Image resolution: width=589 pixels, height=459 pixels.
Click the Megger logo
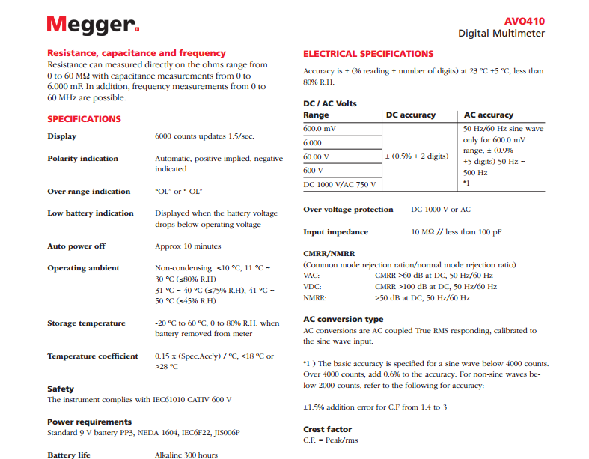pyautogui.click(x=92, y=24)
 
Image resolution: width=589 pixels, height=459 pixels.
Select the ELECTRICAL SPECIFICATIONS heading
pyautogui.click(x=368, y=54)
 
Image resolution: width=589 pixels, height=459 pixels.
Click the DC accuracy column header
pyautogui.click(x=410, y=115)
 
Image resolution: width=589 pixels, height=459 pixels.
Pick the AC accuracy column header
pyautogui.click(x=489, y=115)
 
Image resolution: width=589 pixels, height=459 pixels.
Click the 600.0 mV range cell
pyautogui.click(x=320, y=129)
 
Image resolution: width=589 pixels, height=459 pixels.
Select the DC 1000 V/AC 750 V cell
pyautogui.click(x=340, y=184)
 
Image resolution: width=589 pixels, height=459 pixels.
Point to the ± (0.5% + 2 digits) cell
pyautogui.click(x=416, y=156)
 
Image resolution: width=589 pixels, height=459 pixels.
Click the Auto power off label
pyautogui.click(x=76, y=246)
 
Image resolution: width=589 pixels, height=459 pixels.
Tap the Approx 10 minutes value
pyautogui.click(x=188, y=246)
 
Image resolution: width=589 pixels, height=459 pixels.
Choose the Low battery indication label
pyautogui.click(x=91, y=213)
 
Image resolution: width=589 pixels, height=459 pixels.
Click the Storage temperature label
pyautogui.click(x=86, y=323)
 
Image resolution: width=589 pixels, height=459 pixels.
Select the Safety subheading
pyautogui.click(x=61, y=389)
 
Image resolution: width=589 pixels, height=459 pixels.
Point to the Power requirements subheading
pyautogui.click(x=89, y=422)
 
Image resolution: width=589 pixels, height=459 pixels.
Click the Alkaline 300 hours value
pyautogui.click(x=186, y=455)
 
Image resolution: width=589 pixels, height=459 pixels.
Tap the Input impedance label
pyautogui.click(x=335, y=232)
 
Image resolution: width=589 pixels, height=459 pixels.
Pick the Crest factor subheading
pyautogui.click(x=328, y=429)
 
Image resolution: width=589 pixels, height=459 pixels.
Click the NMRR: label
pyautogui.click(x=315, y=297)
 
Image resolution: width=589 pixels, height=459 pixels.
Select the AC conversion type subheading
pyautogui.click(x=343, y=320)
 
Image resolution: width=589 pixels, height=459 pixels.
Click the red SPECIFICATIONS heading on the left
pyautogui.click(x=84, y=119)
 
